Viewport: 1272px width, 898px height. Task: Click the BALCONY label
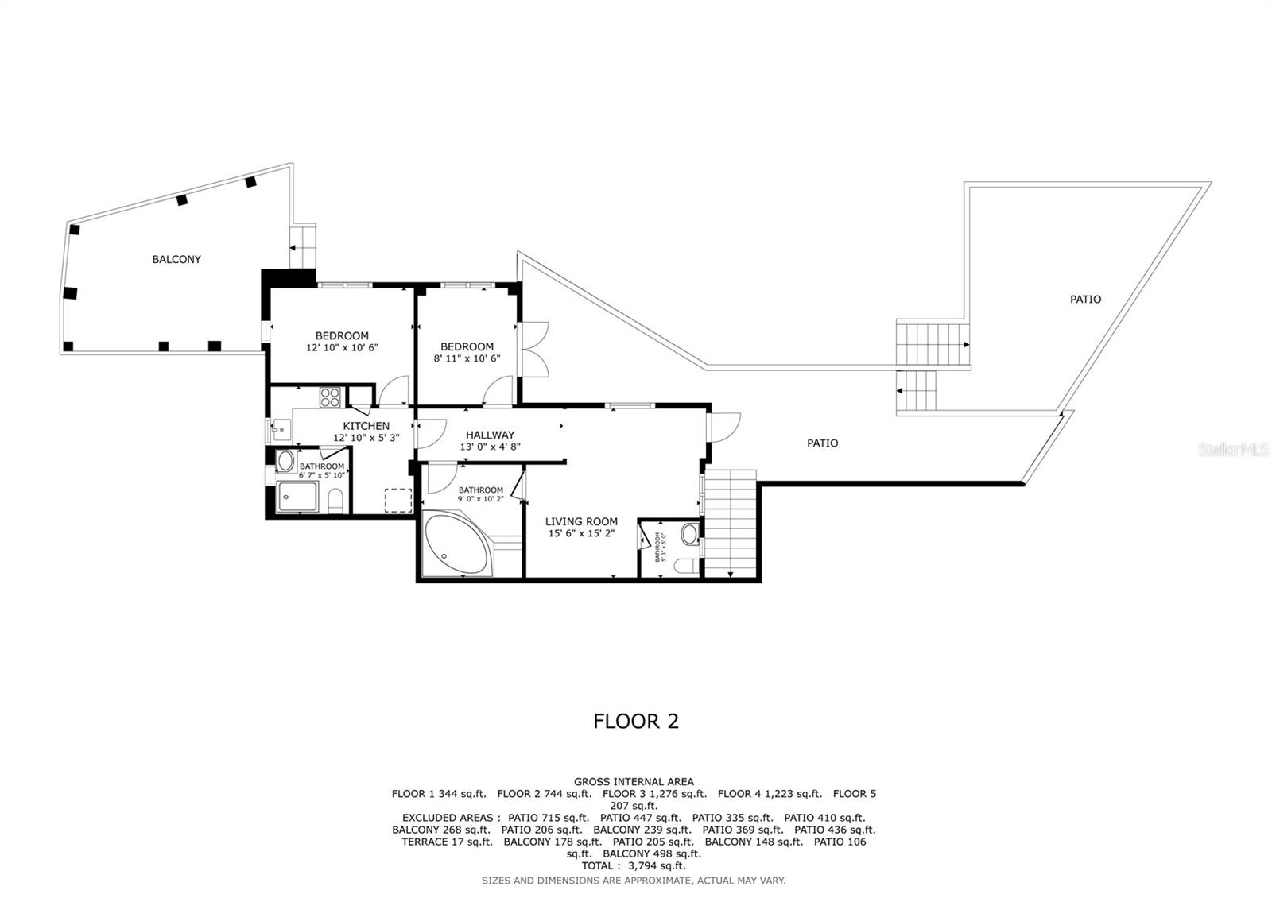pos(176,259)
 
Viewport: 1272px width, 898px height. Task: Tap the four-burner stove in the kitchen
pos(330,397)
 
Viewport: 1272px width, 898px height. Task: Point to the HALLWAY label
pos(490,435)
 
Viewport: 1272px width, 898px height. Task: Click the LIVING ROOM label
pos(581,521)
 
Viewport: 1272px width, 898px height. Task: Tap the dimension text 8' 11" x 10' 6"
pos(467,358)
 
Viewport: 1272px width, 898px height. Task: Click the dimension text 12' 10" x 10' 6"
pos(342,347)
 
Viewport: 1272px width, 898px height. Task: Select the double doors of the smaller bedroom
pos(534,349)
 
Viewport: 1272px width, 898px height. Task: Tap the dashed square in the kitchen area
pos(397,500)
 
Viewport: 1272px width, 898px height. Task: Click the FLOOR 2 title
pos(636,721)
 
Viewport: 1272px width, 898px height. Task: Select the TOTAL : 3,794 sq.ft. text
pos(633,865)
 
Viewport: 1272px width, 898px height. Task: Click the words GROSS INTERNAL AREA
pos(634,781)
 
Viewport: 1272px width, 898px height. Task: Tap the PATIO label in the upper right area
pos(1085,299)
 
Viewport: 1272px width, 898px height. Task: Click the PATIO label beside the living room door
pos(822,443)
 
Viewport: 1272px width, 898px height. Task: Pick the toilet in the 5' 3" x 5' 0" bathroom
pos(684,566)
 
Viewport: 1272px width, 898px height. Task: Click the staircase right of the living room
pos(731,524)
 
